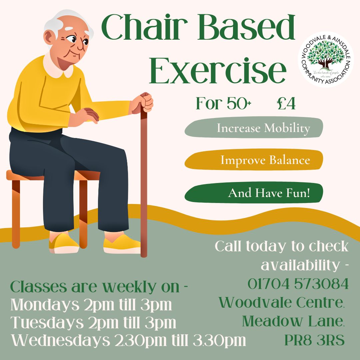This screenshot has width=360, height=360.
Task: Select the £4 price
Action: pos(286,103)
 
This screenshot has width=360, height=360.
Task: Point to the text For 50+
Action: pos(223,103)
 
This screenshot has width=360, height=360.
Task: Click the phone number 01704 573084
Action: pos(298,284)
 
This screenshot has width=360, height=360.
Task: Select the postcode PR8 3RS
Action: pos(314,340)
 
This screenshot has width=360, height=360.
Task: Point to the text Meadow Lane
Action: pos(293,321)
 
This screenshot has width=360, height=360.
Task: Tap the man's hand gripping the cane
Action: pos(144,102)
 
